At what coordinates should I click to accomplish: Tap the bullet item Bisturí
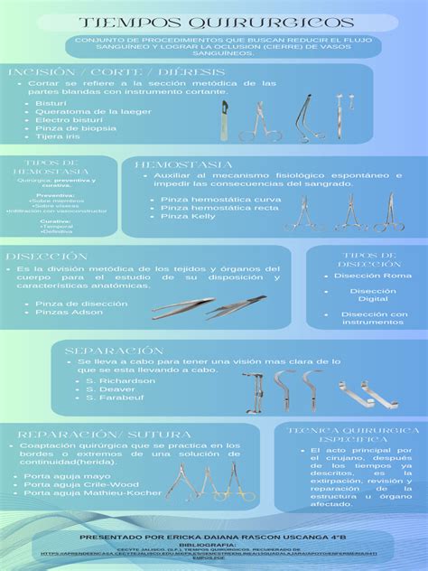[51, 104]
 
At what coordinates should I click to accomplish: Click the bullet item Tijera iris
[58, 136]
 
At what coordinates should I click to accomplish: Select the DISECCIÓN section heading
[45, 257]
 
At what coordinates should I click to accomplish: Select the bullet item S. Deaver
[110, 389]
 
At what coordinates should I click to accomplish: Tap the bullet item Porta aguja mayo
[67, 476]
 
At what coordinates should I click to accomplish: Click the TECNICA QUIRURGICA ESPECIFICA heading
[349, 435]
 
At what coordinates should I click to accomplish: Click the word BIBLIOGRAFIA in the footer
[214, 546]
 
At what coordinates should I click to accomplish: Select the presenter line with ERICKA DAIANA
[213, 537]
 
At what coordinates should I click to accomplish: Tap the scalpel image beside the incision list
[222, 121]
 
